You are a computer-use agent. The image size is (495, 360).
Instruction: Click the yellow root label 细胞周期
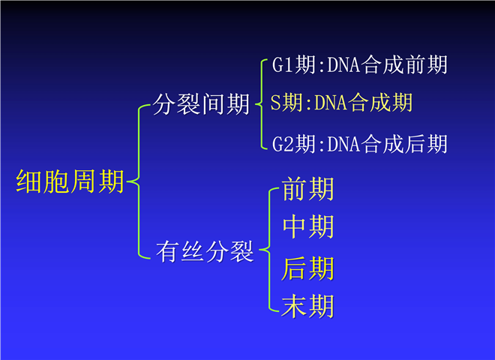(x=70, y=181)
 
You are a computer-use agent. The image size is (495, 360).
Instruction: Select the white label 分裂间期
(x=201, y=104)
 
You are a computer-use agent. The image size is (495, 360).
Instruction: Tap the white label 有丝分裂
(x=205, y=251)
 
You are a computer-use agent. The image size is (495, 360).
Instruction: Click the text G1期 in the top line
(x=293, y=64)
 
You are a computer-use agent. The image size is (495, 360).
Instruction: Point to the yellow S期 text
(x=286, y=102)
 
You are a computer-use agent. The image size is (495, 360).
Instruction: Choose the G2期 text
(x=293, y=144)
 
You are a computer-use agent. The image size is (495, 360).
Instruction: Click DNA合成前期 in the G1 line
(x=387, y=64)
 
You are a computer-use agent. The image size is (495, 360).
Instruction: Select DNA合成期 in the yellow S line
(x=363, y=102)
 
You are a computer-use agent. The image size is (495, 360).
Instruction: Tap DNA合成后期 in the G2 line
(x=387, y=144)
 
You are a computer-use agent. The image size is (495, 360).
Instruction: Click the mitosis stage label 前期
(x=307, y=189)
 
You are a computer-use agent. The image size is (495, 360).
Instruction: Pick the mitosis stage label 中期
(x=307, y=226)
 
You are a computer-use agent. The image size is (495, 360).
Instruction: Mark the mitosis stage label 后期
(x=307, y=268)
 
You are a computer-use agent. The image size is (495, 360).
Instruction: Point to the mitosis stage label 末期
(x=307, y=306)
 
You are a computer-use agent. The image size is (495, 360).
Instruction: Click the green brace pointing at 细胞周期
(x=139, y=181)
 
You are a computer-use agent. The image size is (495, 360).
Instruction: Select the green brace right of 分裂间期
(x=262, y=103)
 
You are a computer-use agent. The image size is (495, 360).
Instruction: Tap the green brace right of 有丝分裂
(x=269, y=250)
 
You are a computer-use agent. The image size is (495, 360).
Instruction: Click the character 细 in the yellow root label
(x=28, y=181)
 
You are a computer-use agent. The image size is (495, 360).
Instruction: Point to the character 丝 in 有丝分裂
(x=193, y=251)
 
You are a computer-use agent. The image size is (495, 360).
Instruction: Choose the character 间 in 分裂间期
(x=214, y=104)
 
